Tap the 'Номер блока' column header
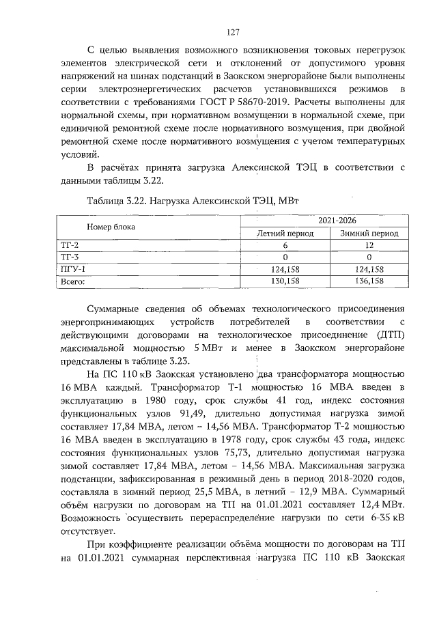click(111, 226)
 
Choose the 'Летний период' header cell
click(285, 234)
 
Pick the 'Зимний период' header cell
click(369, 234)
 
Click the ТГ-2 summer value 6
click(285, 245)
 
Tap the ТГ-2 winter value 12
click(369, 245)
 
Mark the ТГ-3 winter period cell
click(369, 257)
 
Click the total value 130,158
click(285, 280)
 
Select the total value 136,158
click(369, 280)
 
